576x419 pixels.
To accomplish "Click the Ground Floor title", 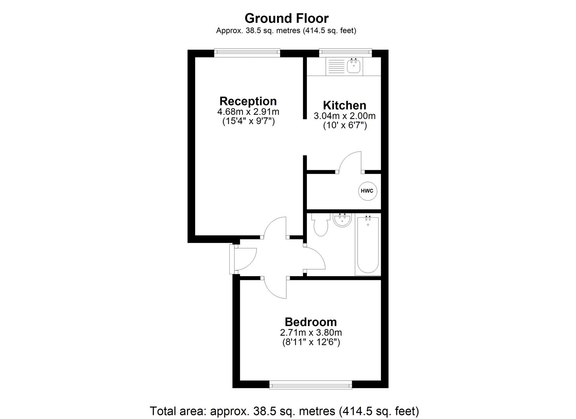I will (x=286, y=18).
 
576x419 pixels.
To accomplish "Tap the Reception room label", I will (x=248, y=101).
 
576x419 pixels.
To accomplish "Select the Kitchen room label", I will (x=344, y=105).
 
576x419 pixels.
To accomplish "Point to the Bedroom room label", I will (x=310, y=322).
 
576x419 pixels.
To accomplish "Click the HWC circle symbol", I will (x=367, y=191).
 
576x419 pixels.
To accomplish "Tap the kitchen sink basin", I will (x=354, y=66).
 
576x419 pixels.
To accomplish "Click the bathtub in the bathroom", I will (x=367, y=245).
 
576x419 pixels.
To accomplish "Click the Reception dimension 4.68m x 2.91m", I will (x=248, y=112).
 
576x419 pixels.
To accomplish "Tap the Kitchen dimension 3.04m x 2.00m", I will (x=344, y=116).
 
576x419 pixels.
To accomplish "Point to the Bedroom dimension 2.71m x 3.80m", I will (x=310, y=332).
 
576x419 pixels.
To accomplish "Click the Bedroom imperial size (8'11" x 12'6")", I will (x=310, y=342).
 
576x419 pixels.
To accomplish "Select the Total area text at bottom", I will (x=284, y=410).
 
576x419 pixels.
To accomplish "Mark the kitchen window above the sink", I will (x=345, y=53).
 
